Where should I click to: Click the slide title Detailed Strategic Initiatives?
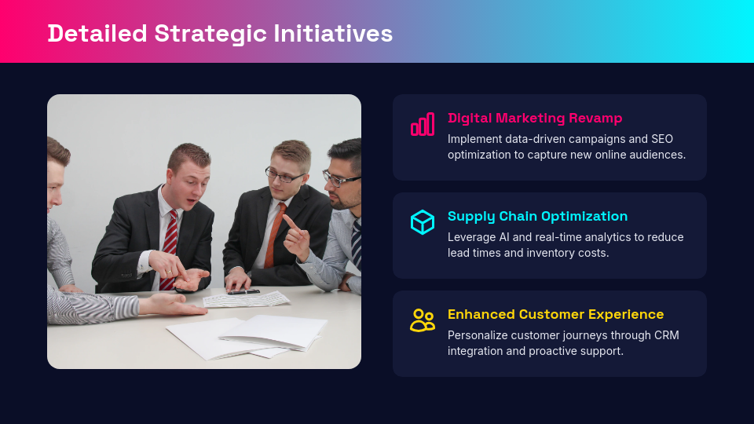220,33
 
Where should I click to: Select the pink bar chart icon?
423,124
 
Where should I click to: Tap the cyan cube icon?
423,222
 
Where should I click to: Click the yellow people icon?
423,320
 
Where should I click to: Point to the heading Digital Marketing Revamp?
535,118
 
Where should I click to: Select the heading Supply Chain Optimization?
537,216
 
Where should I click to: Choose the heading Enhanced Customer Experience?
555,314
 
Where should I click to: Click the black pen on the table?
243,291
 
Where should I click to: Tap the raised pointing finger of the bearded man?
288,221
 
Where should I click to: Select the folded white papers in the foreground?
251,334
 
